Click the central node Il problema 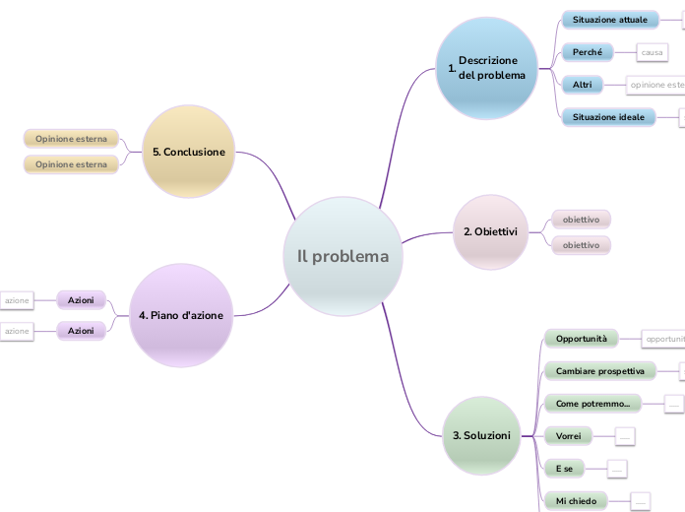pos(342,256)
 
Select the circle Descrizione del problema pos(487,68)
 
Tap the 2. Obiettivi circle pos(490,232)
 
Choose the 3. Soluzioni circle pos(481,435)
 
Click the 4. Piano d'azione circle pos(181,315)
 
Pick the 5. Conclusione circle pos(189,152)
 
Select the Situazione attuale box pos(609,20)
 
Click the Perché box pos(587,51)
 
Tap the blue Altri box pos(582,85)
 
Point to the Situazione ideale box pos(608,117)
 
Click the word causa pos(652,51)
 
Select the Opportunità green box pos(581,339)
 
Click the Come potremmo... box pos(592,404)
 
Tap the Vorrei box pos(568,435)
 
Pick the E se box pos(563,468)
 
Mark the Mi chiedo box pos(575,501)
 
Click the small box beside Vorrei pos(624,435)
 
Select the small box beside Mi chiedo pos(640,501)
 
